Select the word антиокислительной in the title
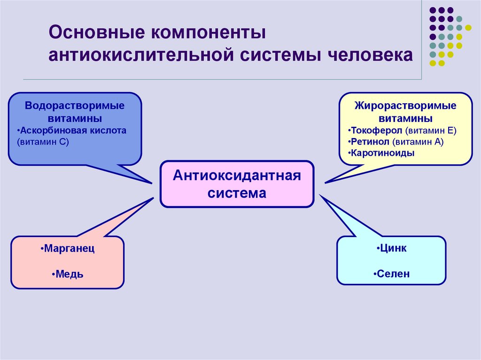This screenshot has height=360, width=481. (142, 55)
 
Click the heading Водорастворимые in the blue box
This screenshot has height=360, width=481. (75, 106)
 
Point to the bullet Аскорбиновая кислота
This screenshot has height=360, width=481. (71, 130)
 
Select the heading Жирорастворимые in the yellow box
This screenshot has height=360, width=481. (405, 106)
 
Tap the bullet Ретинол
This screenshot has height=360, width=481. (370, 142)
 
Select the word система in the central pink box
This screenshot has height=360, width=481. (237, 193)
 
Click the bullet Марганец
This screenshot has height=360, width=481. (68, 249)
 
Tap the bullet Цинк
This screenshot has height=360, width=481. (391, 249)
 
